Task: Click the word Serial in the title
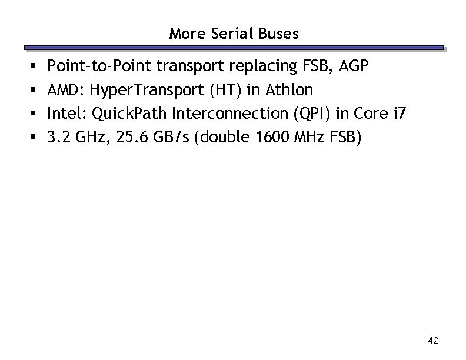click(x=237, y=34)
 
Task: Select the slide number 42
click(x=434, y=340)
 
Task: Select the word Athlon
click(x=289, y=90)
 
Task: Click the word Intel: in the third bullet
click(x=65, y=114)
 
